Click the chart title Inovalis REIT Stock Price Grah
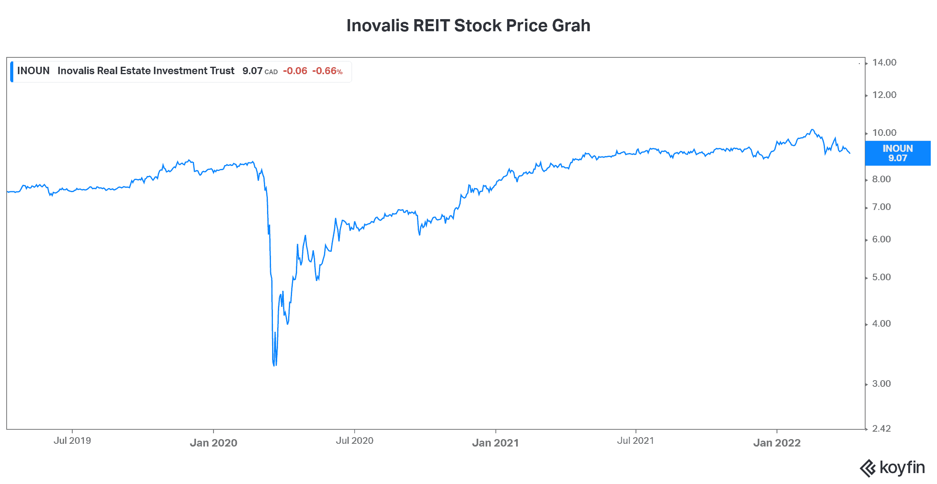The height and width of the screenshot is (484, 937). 468,26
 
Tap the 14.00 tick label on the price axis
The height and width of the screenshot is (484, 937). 884,62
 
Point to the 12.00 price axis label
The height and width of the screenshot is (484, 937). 884,95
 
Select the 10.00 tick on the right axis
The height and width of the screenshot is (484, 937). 884,133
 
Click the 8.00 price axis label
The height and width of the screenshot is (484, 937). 881,179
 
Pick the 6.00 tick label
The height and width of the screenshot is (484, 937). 881,239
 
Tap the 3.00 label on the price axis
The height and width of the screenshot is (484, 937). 881,384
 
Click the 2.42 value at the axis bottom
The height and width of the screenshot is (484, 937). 881,429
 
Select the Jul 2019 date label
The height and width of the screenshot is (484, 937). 72,441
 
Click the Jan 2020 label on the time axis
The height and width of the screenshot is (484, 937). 213,443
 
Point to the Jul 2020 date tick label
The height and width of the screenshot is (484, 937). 354,441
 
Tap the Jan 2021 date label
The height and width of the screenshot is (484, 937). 495,443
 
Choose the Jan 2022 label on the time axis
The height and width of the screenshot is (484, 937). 777,443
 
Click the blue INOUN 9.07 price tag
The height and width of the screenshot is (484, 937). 898,153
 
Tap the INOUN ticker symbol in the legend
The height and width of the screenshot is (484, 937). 33,71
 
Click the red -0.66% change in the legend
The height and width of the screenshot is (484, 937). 327,71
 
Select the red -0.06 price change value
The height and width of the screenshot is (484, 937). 295,71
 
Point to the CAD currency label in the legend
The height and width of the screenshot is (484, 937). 271,72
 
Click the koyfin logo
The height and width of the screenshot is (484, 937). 892,468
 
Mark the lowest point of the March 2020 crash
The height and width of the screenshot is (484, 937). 274,365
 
